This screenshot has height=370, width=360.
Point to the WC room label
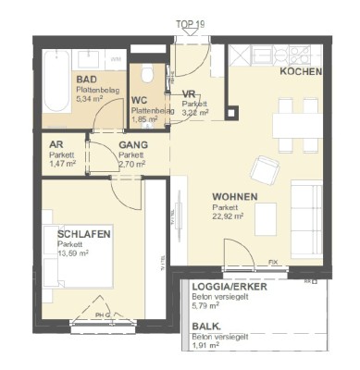(140, 100)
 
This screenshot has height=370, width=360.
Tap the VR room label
(189, 94)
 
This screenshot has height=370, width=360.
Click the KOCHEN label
(301, 71)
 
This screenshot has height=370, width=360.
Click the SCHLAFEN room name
(83, 235)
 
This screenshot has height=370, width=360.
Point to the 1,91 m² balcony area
(207, 346)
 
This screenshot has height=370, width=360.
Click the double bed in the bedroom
(79, 268)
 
